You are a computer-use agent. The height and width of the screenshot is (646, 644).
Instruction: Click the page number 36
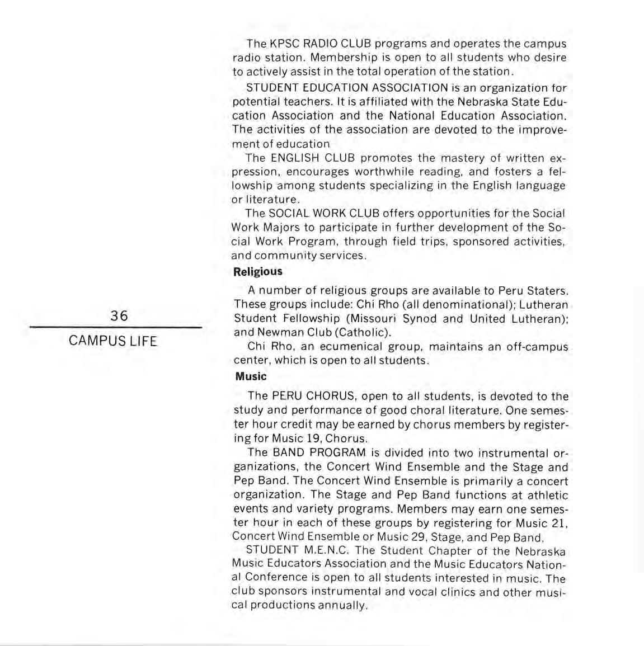pos(119,315)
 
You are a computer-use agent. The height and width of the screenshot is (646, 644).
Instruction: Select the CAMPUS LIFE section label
pos(113,341)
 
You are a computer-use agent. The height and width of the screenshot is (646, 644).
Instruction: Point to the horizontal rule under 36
pos(115,328)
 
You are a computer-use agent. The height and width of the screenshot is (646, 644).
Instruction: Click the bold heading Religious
pos(258,272)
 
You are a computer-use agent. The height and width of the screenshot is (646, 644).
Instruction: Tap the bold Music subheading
pos(251,376)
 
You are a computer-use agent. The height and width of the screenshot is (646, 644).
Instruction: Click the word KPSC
pos(284,44)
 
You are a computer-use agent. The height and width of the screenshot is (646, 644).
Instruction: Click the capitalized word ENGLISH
pos(295,158)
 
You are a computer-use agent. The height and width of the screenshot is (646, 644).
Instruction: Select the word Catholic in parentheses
pos(362,332)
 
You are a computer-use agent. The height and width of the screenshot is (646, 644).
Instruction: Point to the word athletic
pos(547,495)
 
